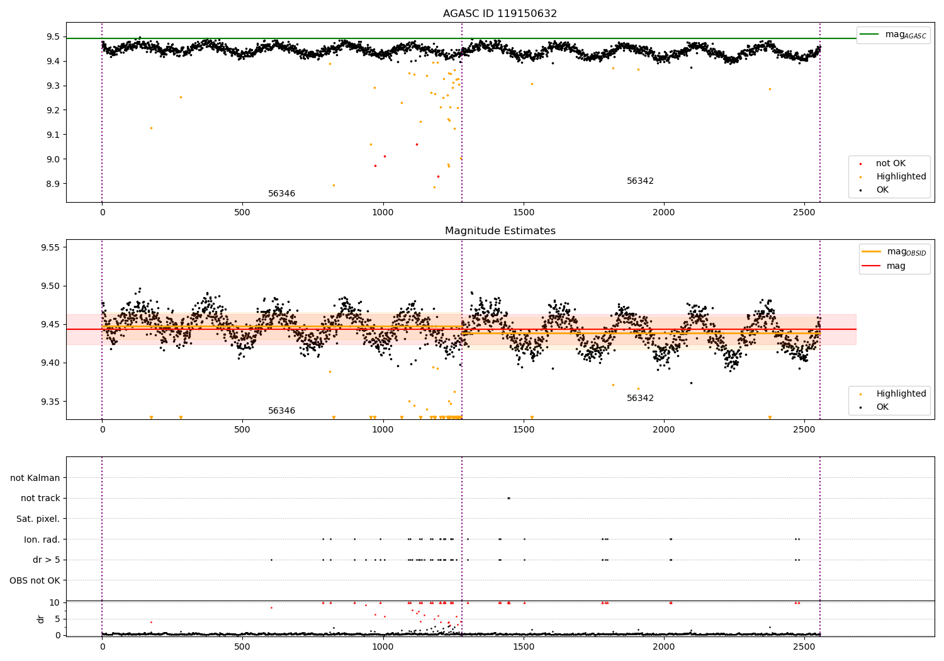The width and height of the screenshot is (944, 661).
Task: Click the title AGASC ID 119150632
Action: coord(500,14)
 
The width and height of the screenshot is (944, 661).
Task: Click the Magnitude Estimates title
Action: coord(500,231)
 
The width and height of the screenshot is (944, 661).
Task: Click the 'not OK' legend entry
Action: coord(890,164)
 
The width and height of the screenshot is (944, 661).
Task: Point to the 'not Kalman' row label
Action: coord(35,478)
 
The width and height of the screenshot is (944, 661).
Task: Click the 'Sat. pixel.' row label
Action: coord(38,519)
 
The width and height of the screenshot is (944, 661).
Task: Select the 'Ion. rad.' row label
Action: coord(42,540)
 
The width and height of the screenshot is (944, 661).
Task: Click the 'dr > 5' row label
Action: coord(46,560)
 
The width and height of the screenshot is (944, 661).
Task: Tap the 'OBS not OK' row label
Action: coord(35,580)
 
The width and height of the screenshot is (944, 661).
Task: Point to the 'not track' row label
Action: coord(40,498)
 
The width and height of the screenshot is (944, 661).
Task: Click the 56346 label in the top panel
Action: coord(281,194)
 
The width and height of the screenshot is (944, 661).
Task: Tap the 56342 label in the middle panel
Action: coord(640,398)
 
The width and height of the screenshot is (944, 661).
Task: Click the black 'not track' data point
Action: coord(509,498)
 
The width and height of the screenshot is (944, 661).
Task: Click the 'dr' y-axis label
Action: coord(41,619)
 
